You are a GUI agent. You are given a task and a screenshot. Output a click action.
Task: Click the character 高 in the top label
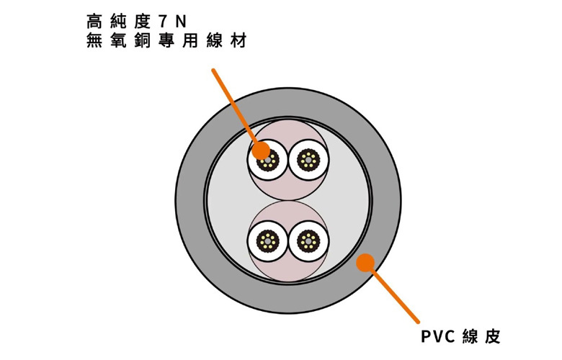[x=94, y=22]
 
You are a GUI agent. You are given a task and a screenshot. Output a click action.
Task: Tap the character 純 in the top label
[x=119, y=22]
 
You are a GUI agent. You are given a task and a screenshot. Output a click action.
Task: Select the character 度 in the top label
[x=142, y=22]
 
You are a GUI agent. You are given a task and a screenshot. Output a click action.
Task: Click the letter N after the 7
[x=181, y=22]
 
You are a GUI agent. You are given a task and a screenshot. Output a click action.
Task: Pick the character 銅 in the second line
[x=142, y=40]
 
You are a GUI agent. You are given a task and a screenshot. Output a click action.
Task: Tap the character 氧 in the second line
[x=119, y=40]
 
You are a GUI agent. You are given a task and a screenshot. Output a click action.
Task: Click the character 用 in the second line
[x=190, y=40]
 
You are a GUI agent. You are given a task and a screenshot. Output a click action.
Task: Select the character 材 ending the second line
[x=238, y=40]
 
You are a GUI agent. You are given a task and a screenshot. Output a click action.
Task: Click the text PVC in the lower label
[x=437, y=337]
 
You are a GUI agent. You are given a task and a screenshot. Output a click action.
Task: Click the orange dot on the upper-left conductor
[x=261, y=150]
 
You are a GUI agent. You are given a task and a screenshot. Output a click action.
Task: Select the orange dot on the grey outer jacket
[x=365, y=263]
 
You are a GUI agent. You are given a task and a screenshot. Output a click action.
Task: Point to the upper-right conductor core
[x=308, y=160]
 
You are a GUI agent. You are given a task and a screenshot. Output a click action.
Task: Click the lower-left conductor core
[x=268, y=240]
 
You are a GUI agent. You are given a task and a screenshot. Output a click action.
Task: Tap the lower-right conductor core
[x=308, y=240]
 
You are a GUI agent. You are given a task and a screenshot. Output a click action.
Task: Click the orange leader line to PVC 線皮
[x=392, y=292]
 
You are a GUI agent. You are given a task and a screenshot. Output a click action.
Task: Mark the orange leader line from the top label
[x=236, y=109]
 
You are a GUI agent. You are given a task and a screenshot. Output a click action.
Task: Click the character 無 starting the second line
[x=94, y=40]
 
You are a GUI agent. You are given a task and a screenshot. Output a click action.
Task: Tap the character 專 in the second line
[x=166, y=40]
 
